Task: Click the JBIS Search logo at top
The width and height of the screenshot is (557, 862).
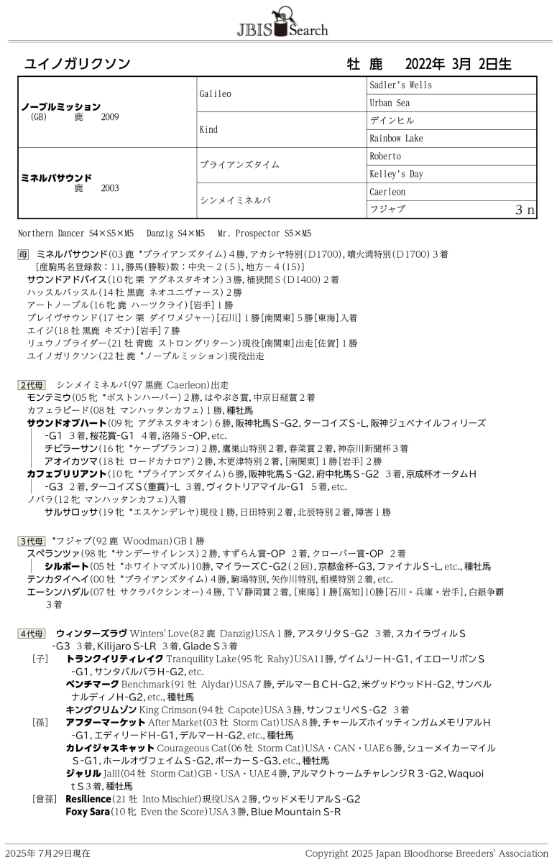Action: (282, 22)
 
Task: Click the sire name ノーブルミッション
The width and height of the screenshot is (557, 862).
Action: (60, 106)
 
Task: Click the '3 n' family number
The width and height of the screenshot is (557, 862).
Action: (525, 210)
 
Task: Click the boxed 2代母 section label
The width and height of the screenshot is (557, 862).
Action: (32, 385)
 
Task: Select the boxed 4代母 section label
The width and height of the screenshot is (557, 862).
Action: (32, 634)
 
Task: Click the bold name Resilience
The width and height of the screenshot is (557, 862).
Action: (88, 799)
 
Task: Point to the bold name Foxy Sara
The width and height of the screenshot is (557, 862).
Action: (87, 812)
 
